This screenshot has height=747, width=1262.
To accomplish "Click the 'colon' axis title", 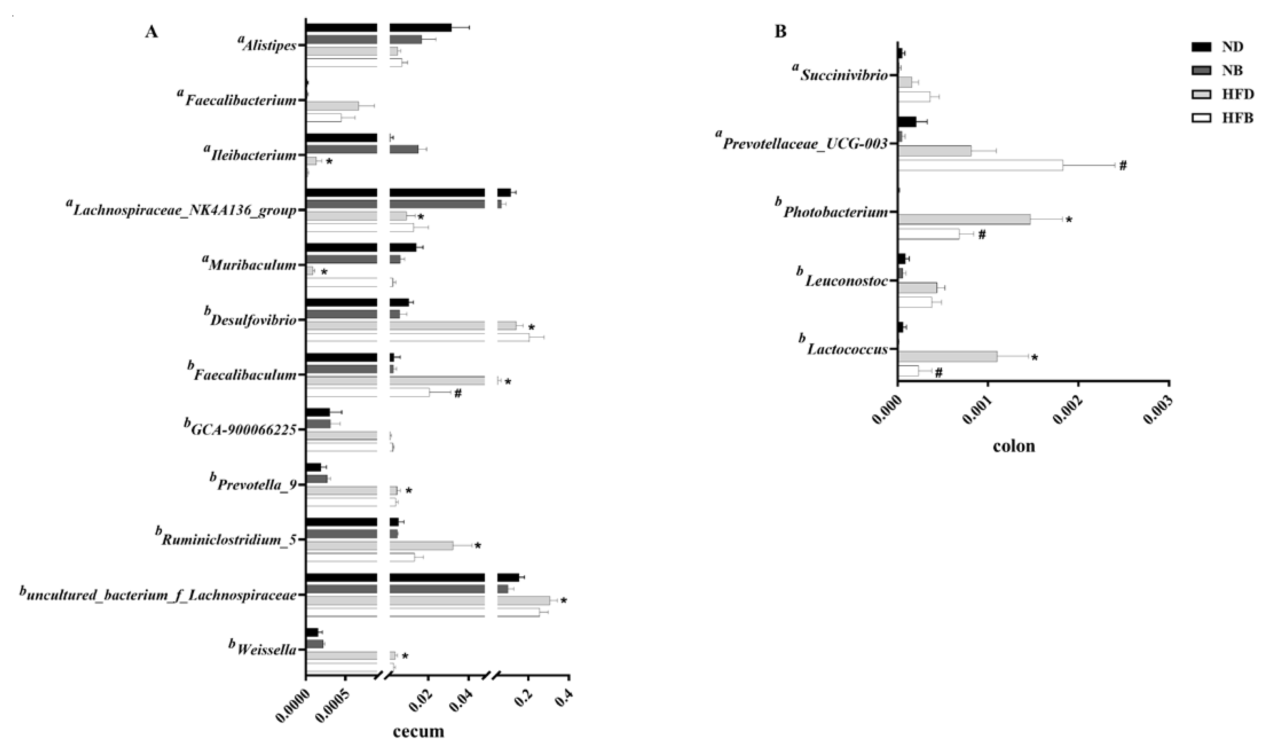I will click(1013, 446).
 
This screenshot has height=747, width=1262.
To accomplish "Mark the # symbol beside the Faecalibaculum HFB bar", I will click(458, 394).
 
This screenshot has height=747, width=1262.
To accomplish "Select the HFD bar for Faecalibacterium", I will click(332, 106).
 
